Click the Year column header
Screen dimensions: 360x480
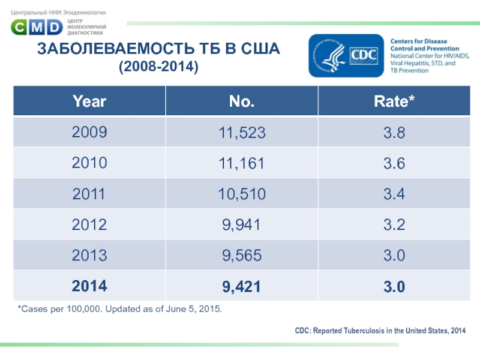89,101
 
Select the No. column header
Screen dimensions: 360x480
242,101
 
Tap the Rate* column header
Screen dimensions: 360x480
394,101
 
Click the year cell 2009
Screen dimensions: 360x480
89,133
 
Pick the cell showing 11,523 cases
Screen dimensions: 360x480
242,133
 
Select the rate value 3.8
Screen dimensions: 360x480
394,133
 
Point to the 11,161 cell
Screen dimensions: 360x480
242,163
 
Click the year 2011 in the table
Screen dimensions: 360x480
89,194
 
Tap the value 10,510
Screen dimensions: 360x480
242,194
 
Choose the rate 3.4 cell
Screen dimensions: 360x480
394,194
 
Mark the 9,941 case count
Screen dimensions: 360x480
242,225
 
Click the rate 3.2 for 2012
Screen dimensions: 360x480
394,225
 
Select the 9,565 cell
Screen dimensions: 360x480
242,256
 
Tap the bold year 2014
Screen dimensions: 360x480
89,287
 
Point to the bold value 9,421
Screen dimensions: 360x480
242,287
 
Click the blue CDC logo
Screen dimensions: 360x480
347,55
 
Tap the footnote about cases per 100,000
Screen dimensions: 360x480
119,309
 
